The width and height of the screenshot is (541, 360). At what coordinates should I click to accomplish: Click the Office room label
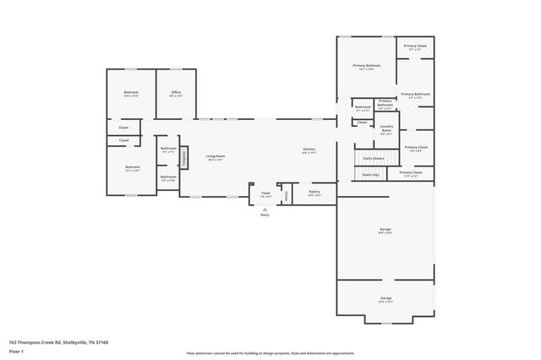click(x=176, y=93)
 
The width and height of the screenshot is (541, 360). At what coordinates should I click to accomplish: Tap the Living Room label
click(x=216, y=156)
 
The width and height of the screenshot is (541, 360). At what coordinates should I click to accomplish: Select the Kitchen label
click(x=309, y=151)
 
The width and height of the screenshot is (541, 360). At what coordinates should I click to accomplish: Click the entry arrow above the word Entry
click(x=264, y=209)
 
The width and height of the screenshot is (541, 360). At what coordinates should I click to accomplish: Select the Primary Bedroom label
click(x=367, y=67)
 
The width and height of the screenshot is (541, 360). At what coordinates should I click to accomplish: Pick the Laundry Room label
click(x=385, y=128)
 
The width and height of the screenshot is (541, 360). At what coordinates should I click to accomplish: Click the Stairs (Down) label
click(x=373, y=158)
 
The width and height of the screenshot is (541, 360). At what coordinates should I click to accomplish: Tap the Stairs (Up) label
click(x=370, y=175)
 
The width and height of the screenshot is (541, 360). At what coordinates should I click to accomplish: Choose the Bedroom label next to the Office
click(x=131, y=93)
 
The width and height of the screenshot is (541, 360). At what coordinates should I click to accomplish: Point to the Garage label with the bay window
click(x=385, y=298)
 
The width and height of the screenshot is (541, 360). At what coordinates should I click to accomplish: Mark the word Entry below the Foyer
click(x=264, y=215)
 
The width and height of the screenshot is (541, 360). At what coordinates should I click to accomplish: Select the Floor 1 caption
click(x=15, y=351)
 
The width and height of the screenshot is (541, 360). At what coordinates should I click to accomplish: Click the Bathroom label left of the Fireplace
click(x=168, y=150)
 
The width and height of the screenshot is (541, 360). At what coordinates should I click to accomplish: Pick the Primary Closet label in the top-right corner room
click(x=415, y=46)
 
